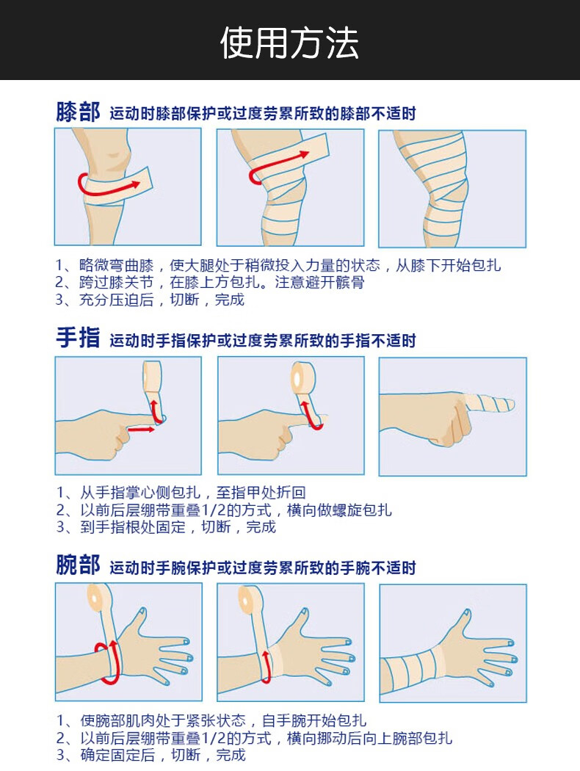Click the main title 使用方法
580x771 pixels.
click(289, 43)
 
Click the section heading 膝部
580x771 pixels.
click(78, 112)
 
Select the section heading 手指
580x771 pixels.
click(78, 339)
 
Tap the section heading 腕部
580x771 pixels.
click(78, 565)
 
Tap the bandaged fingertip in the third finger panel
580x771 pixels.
click(489, 404)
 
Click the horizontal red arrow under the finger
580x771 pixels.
click(141, 430)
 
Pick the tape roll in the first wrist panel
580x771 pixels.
click(98, 596)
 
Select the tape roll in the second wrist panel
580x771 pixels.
click(248, 597)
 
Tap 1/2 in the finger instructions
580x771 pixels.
click(214, 510)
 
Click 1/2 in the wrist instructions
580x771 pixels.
click(214, 737)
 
